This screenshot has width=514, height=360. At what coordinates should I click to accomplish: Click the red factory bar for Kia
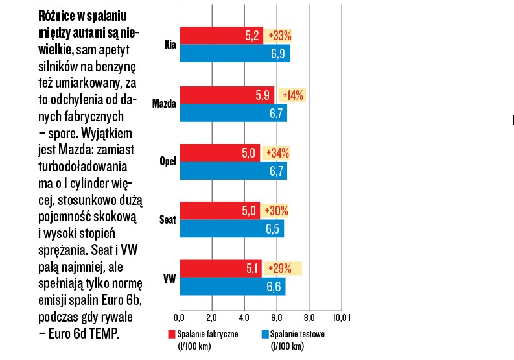pyautogui.click(x=220, y=35)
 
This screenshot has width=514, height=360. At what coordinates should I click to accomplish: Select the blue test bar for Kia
pyautogui.click(x=233, y=53)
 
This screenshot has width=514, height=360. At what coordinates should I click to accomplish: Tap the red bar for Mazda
pyautogui.click(x=227, y=95)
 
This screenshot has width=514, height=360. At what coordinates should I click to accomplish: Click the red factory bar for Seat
pyautogui.click(x=219, y=210)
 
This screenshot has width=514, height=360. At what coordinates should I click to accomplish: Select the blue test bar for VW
pyautogui.click(x=231, y=287)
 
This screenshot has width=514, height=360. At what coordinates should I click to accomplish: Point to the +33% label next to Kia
pyautogui.click(x=280, y=35)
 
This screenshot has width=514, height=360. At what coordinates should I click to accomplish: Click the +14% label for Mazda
pyautogui.click(x=291, y=95)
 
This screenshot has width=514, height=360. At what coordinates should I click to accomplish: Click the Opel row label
pyautogui.click(x=168, y=162)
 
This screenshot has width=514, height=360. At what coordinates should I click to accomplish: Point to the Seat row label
pyautogui.click(x=167, y=220)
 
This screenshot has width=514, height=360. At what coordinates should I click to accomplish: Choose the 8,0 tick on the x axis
pyautogui.click(x=309, y=318)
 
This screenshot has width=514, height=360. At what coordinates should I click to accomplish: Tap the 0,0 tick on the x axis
pyautogui.click(x=180, y=318)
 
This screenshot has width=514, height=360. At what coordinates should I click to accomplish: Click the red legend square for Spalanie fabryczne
pyautogui.click(x=172, y=334)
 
